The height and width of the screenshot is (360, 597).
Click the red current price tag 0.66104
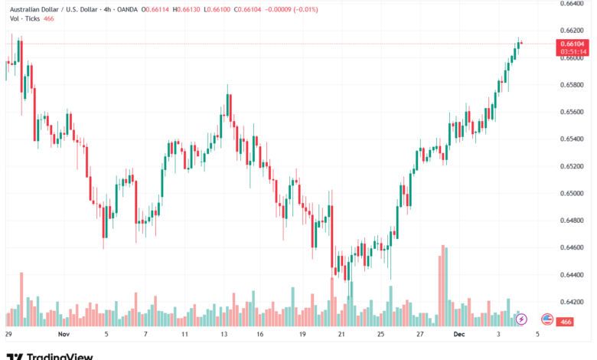tap(573, 44)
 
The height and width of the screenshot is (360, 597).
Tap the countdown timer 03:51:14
tap(573, 52)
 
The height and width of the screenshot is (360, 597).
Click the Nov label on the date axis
tap(64, 335)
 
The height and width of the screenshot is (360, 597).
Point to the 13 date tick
tap(224, 335)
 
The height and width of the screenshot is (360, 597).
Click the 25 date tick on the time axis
tap(380, 335)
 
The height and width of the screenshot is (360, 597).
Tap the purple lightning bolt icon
tap(521, 319)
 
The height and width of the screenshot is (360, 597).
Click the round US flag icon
tap(547, 319)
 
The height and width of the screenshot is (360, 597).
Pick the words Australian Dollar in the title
tap(31, 9)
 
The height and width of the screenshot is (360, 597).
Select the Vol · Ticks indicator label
tap(22, 19)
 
